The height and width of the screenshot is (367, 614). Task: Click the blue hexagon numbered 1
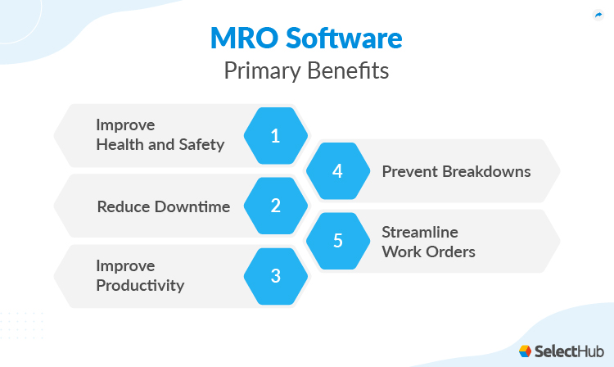[276, 136]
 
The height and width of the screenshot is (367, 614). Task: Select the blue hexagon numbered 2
[276, 206]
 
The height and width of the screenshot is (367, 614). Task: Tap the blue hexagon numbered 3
[276, 276]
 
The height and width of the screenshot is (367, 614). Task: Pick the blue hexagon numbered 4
[336, 171]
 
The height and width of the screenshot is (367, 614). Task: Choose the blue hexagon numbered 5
[336, 241]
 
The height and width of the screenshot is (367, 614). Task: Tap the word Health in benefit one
[119, 145]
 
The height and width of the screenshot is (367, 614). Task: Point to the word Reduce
[124, 206]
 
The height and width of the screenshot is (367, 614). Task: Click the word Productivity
[140, 286]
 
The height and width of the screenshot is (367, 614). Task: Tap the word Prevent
[409, 172]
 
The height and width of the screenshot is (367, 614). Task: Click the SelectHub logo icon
[526, 351]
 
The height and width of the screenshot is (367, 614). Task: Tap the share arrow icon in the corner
[598, 15]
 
